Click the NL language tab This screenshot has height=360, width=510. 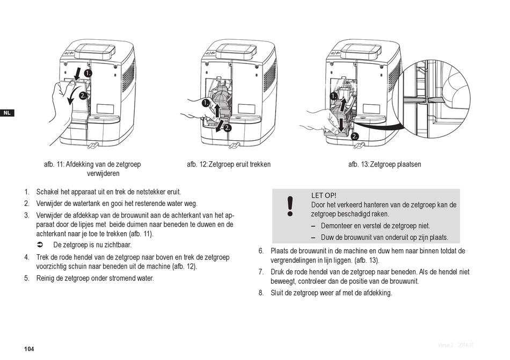click(x=6, y=113)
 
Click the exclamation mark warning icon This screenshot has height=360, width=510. click(x=290, y=206)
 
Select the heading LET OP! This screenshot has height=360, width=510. click(x=324, y=195)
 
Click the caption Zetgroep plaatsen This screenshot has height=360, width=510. click(x=396, y=164)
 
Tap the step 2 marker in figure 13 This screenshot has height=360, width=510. click(x=355, y=136)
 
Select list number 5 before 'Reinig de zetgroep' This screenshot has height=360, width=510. click(x=26, y=278)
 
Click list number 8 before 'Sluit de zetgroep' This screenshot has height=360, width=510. click(x=261, y=293)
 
